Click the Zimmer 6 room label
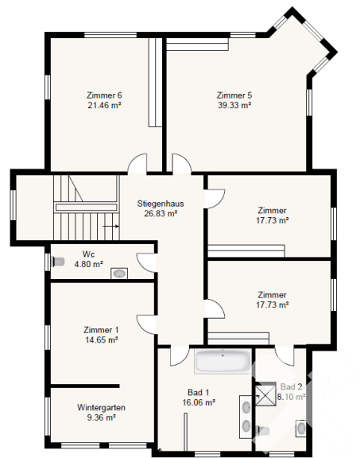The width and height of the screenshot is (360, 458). pyautogui.click(x=104, y=95)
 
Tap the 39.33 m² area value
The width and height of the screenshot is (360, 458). pyautogui.click(x=234, y=105)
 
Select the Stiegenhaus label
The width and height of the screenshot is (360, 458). pyautogui.click(x=161, y=204)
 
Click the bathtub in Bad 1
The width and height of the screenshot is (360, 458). pyautogui.click(x=223, y=361)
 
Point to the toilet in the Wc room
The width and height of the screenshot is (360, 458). pyautogui.click(x=57, y=262)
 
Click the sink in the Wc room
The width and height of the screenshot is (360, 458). pyautogui.click(x=119, y=274)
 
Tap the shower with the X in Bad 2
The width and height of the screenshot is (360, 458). pyautogui.click(x=265, y=395)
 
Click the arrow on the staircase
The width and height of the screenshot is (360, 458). pyautogui.click(x=111, y=226)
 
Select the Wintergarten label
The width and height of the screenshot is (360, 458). pyautogui.click(x=101, y=407)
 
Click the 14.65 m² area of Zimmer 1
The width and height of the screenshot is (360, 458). pyautogui.click(x=101, y=340)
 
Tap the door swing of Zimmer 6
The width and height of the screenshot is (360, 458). pyautogui.click(x=137, y=164)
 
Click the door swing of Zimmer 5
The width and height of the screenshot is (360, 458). pyautogui.click(x=182, y=164)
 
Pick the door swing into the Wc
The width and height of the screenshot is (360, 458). pyautogui.click(x=146, y=262)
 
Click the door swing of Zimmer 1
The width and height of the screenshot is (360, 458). pyautogui.click(x=146, y=324)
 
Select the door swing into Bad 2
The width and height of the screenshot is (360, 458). pyautogui.click(x=285, y=355)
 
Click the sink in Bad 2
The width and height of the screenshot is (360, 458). pyautogui.click(x=301, y=429)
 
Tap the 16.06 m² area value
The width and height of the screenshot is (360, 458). pyautogui.click(x=199, y=402)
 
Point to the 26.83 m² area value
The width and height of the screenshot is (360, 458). pyautogui.click(x=161, y=214)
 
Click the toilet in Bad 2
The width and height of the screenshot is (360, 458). pyautogui.click(x=262, y=431)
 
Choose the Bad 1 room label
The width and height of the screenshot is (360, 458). pyautogui.click(x=199, y=392)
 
